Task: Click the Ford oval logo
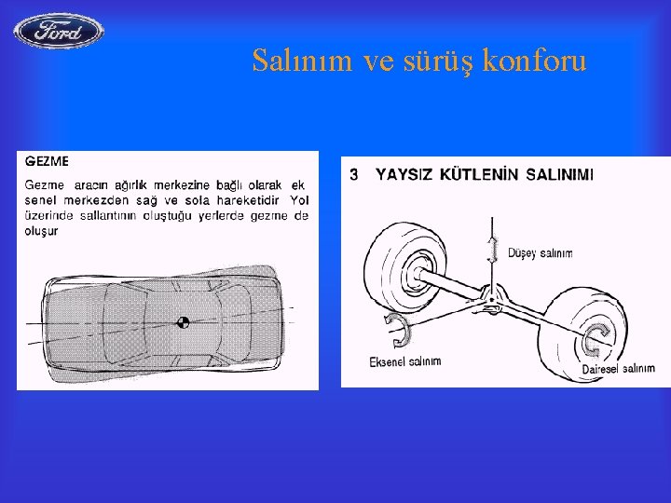[59, 32]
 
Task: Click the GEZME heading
[47, 161]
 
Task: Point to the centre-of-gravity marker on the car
[184, 322]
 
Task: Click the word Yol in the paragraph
[299, 200]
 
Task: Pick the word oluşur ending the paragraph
[41, 231]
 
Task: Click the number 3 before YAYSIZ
[353, 174]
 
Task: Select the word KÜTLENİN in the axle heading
[474, 174]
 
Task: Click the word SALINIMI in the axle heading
[560, 174]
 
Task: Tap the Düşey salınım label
[541, 253]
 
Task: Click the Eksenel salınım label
[405, 360]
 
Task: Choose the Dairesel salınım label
[618, 369]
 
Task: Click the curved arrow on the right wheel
[593, 341]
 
